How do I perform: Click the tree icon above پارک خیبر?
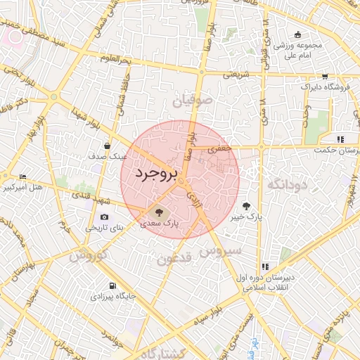pyautogui.click(x=246, y=206)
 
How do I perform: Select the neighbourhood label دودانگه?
pyautogui.click(x=285, y=185)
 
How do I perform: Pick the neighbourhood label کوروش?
pyautogui.click(x=88, y=254)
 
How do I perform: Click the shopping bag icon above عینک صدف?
pyautogui.click(x=106, y=146)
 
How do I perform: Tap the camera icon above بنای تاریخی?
pyautogui.click(x=104, y=217)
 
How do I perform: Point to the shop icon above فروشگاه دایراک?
pyautogui.click(x=324, y=77)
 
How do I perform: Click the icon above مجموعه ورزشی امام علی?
pyautogui.click(x=297, y=35)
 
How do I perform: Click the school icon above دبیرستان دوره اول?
pyautogui.click(x=265, y=266)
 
